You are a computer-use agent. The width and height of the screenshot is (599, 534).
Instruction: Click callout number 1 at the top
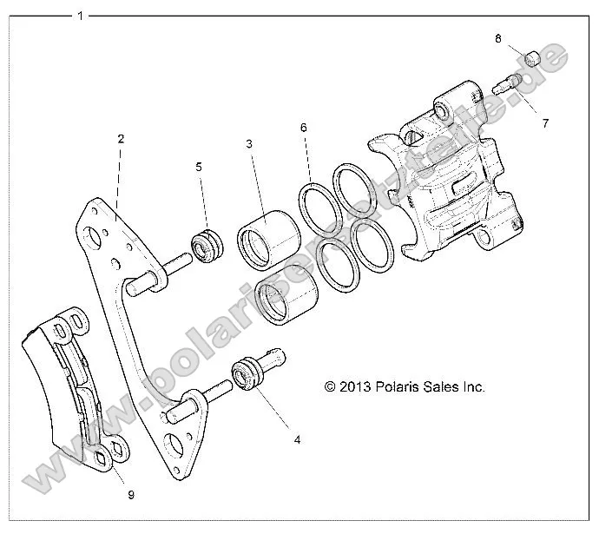(x=81, y=16)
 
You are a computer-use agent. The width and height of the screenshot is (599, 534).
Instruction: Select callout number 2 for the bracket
(x=122, y=139)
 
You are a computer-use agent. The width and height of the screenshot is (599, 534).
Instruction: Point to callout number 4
(x=297, y=440)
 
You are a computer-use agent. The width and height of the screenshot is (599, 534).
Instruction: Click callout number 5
(x=198, y=166)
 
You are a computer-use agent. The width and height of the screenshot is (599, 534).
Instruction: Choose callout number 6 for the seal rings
(x=304, y=128)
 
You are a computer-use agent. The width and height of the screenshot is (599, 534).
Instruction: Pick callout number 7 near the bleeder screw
(x=545, y=123)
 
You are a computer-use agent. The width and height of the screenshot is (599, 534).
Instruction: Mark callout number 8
(x=498, y=38)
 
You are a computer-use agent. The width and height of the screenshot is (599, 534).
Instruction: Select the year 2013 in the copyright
(x=356, y=387)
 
